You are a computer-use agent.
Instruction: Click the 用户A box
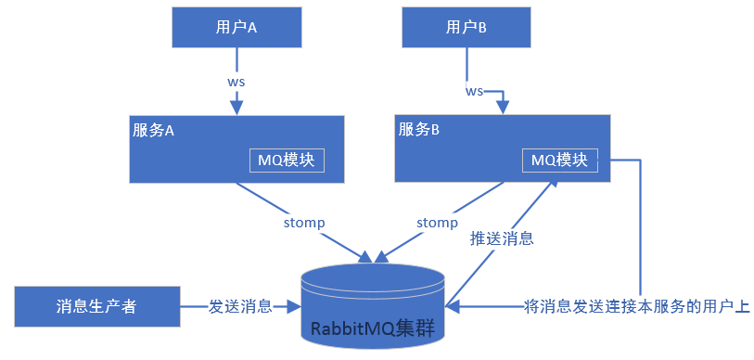tap(236, 28)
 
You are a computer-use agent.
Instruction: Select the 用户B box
tap(466, 28)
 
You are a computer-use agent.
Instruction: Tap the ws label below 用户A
tap(236, 81)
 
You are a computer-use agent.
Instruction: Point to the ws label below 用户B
tap(474, 91)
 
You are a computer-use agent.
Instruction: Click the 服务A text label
tap(154, 131)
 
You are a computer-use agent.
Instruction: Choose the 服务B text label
tap(418, 130)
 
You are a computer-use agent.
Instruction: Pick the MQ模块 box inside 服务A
tap(287, 160)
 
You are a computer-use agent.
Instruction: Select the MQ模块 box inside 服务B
tap(559, 160)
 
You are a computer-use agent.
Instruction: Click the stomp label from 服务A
tap(303, 223)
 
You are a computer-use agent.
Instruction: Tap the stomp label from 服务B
tap(437, 223)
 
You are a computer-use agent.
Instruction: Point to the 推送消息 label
tap(503, 238)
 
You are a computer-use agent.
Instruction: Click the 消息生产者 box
tap(96, 306)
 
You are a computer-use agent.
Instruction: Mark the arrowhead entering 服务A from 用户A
tap(236, 109)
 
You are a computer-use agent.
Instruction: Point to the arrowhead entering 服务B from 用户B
tap(504, 109)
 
